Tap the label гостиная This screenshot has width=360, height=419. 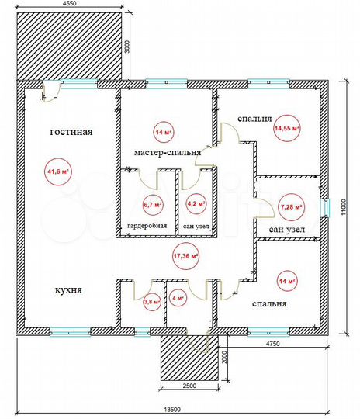click(71, 132)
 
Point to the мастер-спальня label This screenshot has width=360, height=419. click(167, 153)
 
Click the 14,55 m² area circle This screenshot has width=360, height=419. click(287, 128)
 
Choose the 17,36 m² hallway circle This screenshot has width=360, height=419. click(186, 255)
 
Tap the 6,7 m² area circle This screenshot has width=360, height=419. click(153, 205)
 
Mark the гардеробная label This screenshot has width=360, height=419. click(147, 227)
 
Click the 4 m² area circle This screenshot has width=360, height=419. click(178, 296)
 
